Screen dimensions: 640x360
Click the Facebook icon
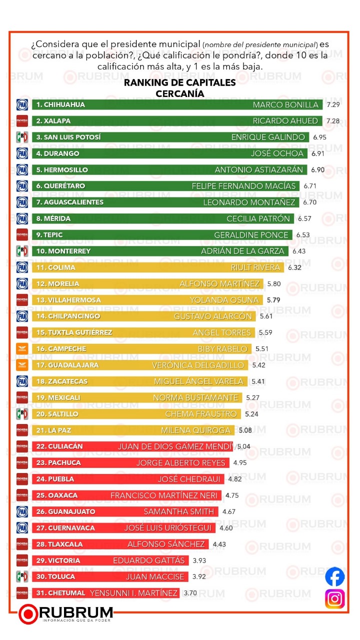(x=334, y=576)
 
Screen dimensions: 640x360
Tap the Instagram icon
(x=334, y=599)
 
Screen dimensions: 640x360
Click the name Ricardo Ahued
(x=285, y=121)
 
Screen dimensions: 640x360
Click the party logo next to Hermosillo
(x=22, y=169)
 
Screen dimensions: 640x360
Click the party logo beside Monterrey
(x=22, y=251)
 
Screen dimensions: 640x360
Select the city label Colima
(x=54, y=267)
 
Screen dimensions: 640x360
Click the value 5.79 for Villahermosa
(x=275, y=300)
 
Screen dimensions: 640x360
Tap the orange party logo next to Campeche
(x=22, y=349)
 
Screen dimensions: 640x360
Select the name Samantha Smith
(x=178, y=511)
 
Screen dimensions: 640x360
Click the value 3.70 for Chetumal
(x=190, y=593)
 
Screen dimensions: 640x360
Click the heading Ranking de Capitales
(x=179, y=83)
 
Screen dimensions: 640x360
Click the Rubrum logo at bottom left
(x=65, y=613)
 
